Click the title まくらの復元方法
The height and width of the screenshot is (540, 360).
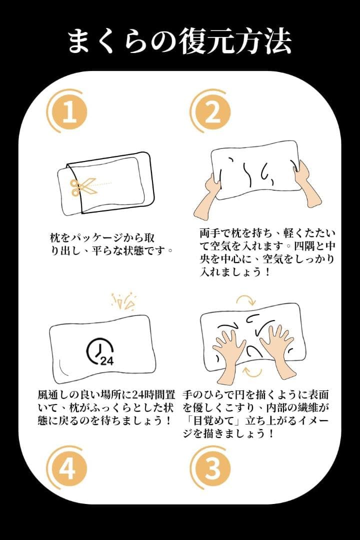179,41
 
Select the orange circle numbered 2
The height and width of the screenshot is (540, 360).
210,111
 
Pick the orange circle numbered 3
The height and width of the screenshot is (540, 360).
210,467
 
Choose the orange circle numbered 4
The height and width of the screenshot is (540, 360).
66,467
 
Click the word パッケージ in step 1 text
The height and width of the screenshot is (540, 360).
96,238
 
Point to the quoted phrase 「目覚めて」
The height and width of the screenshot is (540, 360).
214,420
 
